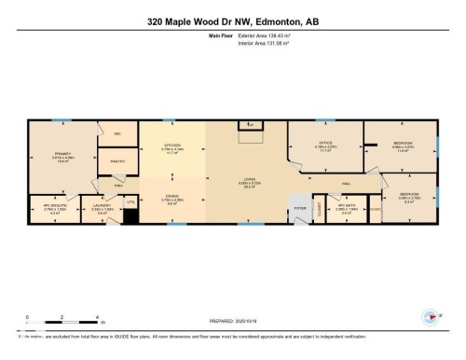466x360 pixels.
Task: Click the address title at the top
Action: pos(233,19)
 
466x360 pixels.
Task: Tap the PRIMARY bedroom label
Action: pos(62,153)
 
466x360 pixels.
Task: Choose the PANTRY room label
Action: pos(117,160)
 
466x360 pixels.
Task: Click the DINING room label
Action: pos(172,197)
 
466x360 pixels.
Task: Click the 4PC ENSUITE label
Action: pos(53,207)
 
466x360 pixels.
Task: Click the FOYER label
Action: pos(300,207)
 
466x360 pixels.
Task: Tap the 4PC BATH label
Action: pos(347,207)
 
